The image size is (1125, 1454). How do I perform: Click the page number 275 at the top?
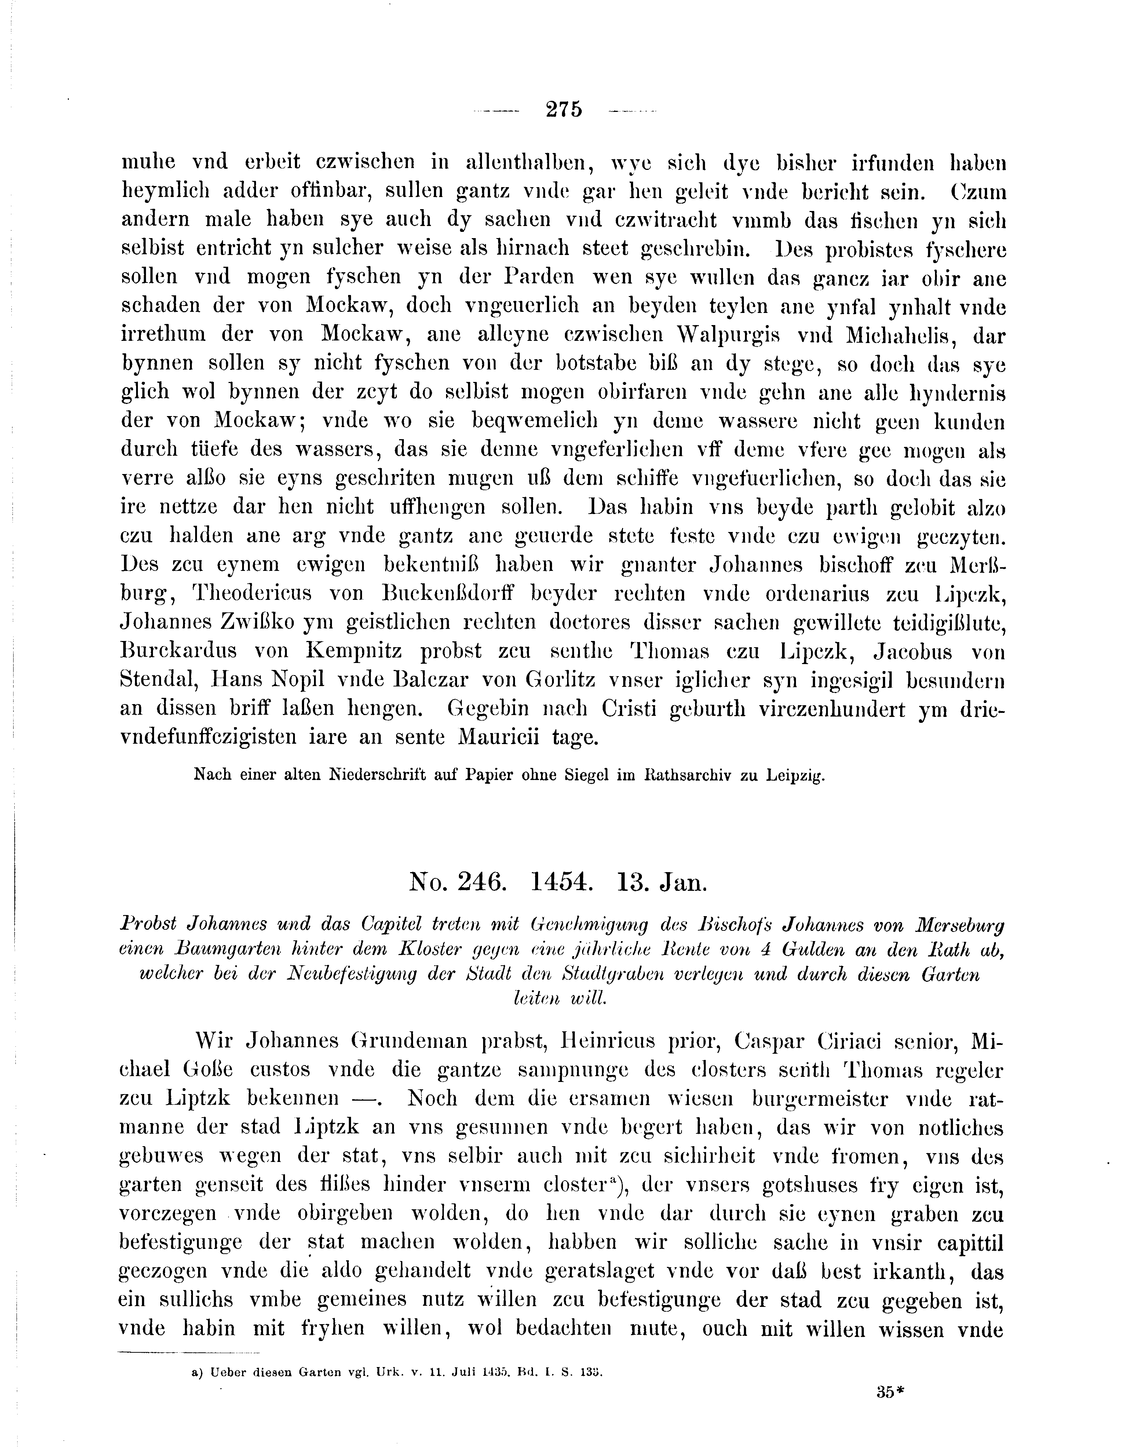tap(563, 109)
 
